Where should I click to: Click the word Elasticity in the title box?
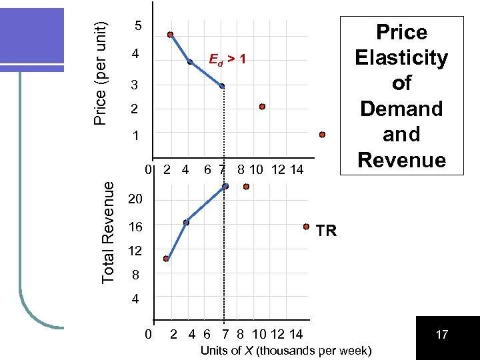pyautogui.click(x=401, y=58)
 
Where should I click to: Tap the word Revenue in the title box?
pyautogui.click(x=401, y=160)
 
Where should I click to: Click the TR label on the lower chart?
pyautogui.click(x=326, y=231)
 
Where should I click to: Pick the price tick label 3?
pyautogui.click(x=135, y=85)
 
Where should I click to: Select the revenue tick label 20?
pyautogui.click(x=135, y=200)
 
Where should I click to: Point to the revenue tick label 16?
pyautogui.click(x=135, y=227)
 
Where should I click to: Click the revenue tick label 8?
pyautogui.click(x=135, y=275)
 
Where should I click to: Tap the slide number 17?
pyautogui.click(x=441, y=335)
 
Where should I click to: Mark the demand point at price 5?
pyautogui.click(x=171, y=35)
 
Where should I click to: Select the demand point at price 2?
pyautogui.click(x=262, y=107)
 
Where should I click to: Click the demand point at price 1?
pyautogui.click(x=322, y=135)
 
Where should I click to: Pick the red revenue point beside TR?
pyautogui.click(x=307, y=227)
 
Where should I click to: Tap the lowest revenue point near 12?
pyautogui.click(x=166, y=259)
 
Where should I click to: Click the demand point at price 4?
pyautogui.click(x=190, y=62)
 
